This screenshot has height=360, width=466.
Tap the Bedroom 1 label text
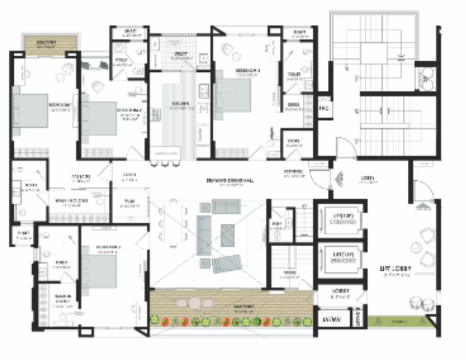[x=60, y=105]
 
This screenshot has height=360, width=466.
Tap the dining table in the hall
[x=170, y=222]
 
